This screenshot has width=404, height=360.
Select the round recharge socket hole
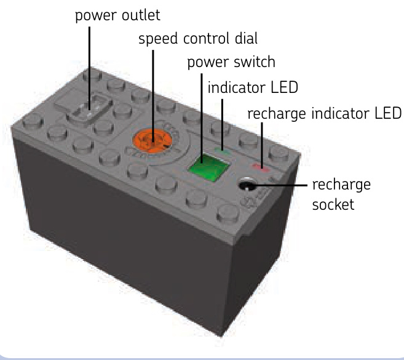[247, 184]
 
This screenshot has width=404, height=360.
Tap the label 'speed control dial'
[198, 39]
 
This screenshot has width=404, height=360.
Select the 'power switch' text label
[231, 62]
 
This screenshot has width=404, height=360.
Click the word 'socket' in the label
[333, 204]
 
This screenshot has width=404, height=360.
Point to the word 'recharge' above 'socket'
[342, 185]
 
